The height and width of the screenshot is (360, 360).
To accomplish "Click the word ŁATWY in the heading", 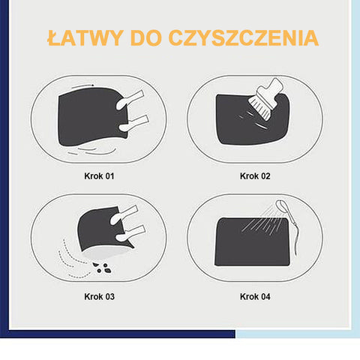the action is (x=85, y=38).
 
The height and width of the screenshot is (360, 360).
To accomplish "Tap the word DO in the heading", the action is (x=145, y=38).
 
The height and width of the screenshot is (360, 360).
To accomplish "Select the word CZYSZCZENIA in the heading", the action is (x=244, y=38).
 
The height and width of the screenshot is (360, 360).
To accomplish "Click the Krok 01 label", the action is (x=99, y=176).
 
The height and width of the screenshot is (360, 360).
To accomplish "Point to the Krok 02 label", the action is (x=255, y=176).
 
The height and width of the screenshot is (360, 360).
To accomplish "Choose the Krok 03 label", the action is (x=99, y=296).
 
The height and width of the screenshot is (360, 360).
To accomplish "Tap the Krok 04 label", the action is (x=255, y=296).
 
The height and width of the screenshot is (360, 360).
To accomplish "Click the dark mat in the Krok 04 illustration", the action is (x=252, y=241).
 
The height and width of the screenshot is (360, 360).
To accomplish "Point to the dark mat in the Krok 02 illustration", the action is (x=253, y=119).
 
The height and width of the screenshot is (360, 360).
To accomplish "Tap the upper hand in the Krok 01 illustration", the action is (x=130, y=100).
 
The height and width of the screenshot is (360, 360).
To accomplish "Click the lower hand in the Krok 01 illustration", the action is (x=133, y=123).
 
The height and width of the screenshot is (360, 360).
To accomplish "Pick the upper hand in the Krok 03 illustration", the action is (x=124, y=214).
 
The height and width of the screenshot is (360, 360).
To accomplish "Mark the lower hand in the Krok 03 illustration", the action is (x=130, y=233).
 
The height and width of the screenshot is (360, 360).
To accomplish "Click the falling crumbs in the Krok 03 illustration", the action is (x=102, y=268).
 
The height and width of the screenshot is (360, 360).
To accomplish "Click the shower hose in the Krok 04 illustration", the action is (x=295, y=232).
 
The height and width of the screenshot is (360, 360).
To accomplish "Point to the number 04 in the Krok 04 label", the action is (x=265, y=296).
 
